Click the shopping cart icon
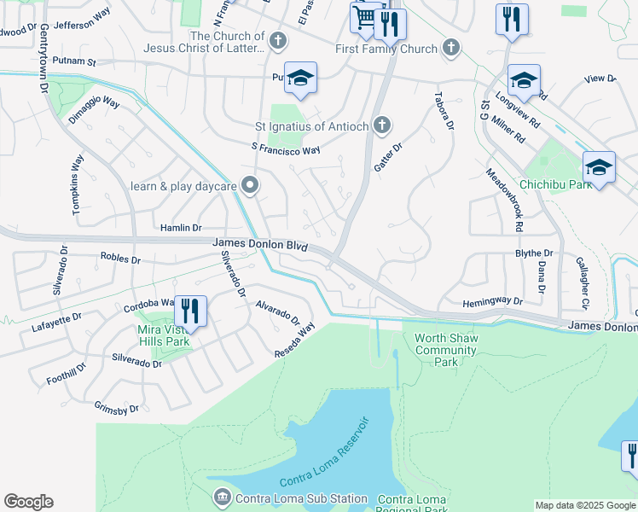tap(364, 18)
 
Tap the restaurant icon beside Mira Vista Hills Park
tap(190, 311)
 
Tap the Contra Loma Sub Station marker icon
tap(222, 497)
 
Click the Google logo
tap(28, 502)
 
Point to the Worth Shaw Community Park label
tap(446, 350)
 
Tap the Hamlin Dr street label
tap(181, 228)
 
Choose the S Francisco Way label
tap(285, 148)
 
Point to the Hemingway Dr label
tap(492, 302)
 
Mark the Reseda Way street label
tap(294, 340)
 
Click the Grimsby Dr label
tap(116, 409)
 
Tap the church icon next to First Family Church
tap(451, 49)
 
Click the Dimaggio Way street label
tap(94, 112)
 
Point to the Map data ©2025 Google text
tap(585, 505)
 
